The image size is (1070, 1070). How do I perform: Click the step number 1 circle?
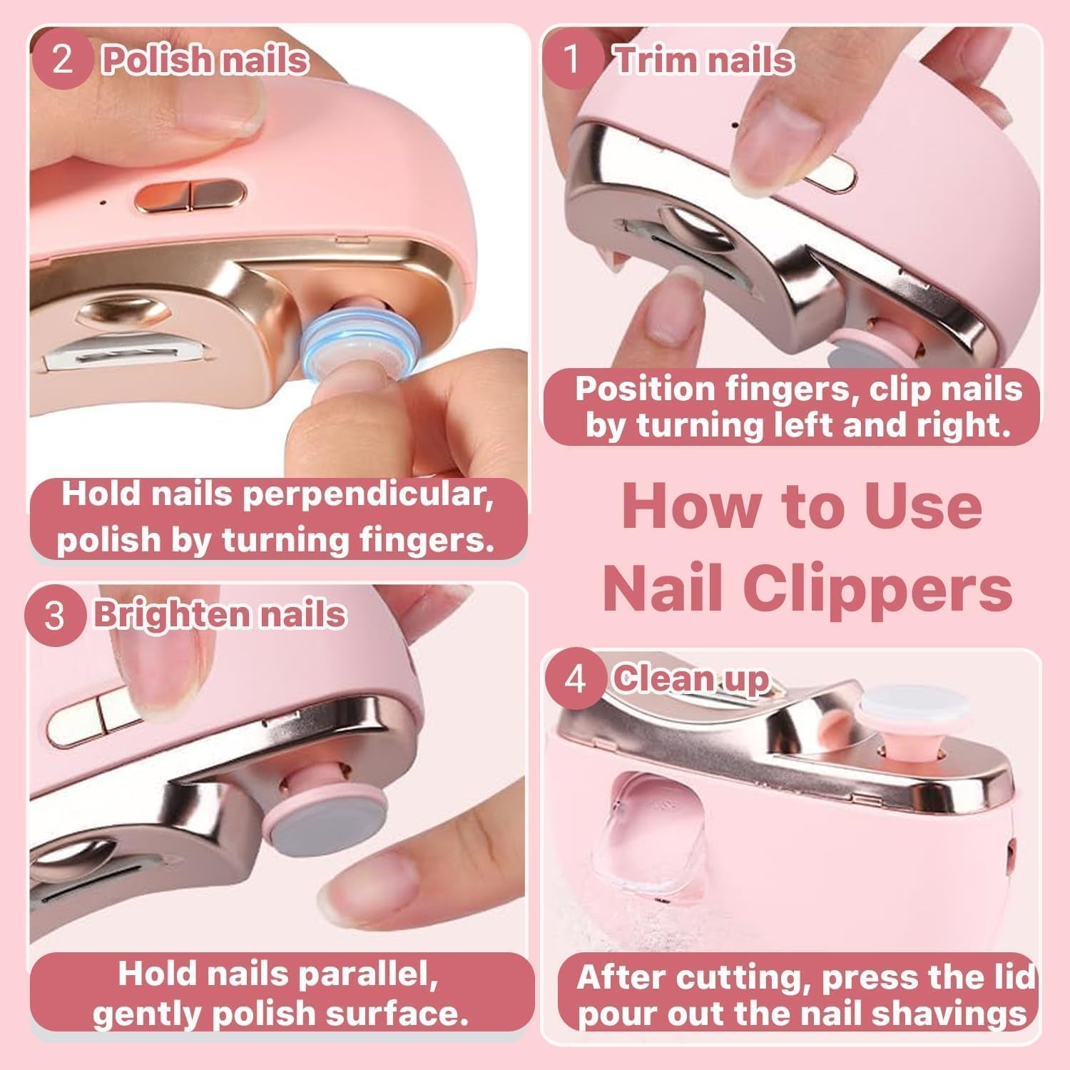[572, 60]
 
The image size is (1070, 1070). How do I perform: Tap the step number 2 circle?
[63, 60]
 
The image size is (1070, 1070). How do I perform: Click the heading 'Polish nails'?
[205, 60]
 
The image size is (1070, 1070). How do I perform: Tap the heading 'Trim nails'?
[704, 60]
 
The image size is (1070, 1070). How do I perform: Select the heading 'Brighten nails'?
[220, 615]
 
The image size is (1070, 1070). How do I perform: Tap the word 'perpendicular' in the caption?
[367, 495]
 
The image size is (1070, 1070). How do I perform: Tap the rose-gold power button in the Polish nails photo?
[190, 195]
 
